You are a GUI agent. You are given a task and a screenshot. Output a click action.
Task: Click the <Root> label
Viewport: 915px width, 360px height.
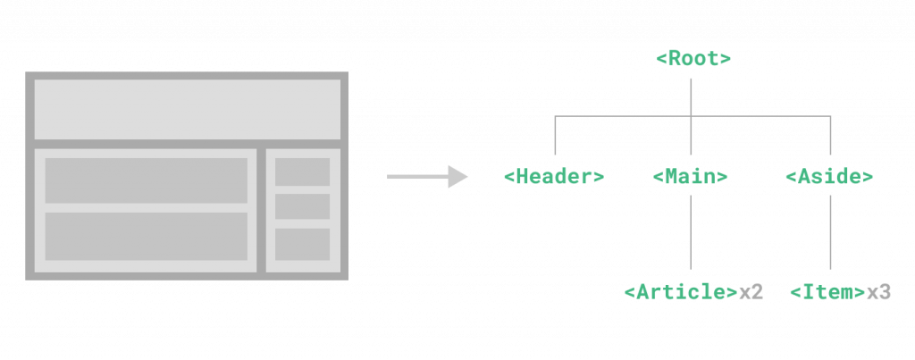[x=693, y=60]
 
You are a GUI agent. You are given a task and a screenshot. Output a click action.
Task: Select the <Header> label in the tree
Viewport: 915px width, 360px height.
[x=554, y=177]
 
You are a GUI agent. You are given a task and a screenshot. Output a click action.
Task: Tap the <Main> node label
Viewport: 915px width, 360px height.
[x=691, y=177]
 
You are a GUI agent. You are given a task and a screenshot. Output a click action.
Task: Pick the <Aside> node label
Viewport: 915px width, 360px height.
[x=829, y=177]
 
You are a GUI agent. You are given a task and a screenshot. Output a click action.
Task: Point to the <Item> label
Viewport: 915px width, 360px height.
[x=827, y=292]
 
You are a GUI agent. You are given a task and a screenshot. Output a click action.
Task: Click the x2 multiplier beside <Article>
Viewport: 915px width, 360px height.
[x=751, y=292]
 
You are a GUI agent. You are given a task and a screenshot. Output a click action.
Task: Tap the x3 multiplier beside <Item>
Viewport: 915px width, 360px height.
[x=879, y=292]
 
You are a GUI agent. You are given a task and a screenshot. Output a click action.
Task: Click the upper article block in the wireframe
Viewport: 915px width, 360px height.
[x=147, y=180]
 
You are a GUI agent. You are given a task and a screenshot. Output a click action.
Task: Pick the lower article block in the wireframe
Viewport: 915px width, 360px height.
[x=147, y=236]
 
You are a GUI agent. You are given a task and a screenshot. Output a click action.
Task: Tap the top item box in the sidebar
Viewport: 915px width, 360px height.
[x=302, y=172]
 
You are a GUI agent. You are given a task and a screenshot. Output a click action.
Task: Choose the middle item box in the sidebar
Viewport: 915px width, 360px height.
[x=302, y=206]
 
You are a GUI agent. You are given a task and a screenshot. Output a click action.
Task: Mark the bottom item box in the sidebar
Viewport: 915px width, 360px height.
[x=302, y=244]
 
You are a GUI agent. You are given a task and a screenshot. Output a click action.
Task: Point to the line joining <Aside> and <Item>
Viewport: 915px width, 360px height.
[x=830, y=228]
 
